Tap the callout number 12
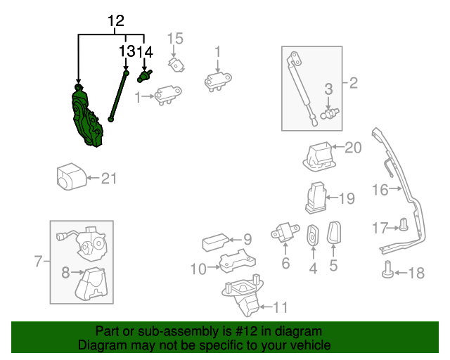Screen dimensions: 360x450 click(x=116, y=22)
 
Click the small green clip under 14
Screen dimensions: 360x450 click(x=146, y=75)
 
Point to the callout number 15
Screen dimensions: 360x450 click(x=174, y=37)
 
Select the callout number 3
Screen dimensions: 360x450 click(x=328, y=88)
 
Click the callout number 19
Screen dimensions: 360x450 click(x=347, y=198)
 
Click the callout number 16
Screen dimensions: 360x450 click(x=380, y=189)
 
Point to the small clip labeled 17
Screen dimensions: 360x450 click(x=404, y=226)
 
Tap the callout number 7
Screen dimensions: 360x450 click(x=39, y=262)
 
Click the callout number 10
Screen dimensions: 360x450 click(x=198, y=268)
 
